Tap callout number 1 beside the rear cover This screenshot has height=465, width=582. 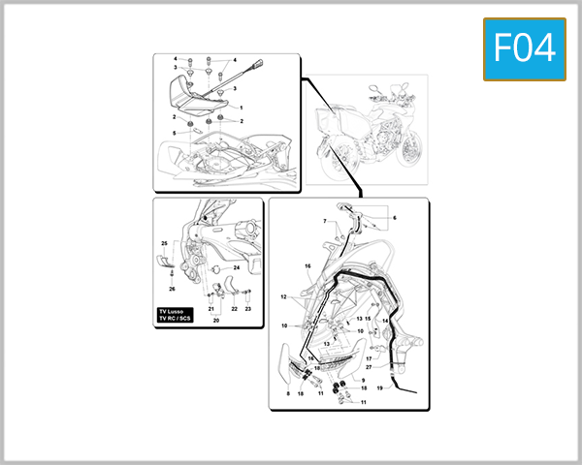(x=241, y=107)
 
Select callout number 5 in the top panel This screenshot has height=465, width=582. (x=175, y=133)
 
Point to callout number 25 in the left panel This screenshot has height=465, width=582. (x=164, y=243)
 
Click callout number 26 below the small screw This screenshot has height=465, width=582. (x=171, y=289)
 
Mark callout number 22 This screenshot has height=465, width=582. (x=234, y=308)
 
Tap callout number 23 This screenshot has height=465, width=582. (x=247, y=308)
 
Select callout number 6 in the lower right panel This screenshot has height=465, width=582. (x=395, y=218)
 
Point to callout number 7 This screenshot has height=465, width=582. (x=325, y=222)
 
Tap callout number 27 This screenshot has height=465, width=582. (x=369, y=368)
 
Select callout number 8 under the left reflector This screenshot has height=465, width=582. (x=288, y=394)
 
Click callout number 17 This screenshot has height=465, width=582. (x=369, y=358)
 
